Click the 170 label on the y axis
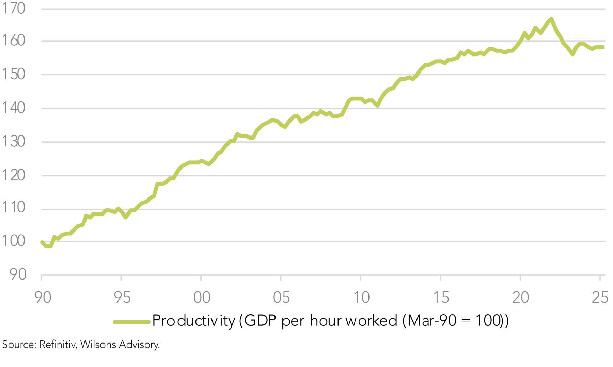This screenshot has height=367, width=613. [x=14, y=9]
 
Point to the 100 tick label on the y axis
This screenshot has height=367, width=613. [x=14, y=241]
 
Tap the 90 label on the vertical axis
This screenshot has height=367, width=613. [x=18, y=274]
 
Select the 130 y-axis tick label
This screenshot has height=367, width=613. [x=14, y=142]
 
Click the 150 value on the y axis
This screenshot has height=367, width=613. [x=14, y=74]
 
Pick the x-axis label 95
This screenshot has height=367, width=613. [x=122, y=298]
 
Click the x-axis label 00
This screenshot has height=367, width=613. [x=202, y=298]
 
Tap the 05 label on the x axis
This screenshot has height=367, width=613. [x=282, y=298]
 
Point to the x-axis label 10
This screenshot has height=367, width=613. [x=361, y=298]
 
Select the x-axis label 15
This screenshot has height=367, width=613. [x=441, y=298]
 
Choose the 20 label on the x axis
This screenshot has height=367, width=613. [x=521, y=298]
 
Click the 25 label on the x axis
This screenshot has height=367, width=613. [x=600, y=298]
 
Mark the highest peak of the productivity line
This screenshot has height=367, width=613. [x=551, y=19]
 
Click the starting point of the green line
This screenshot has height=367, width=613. [x=42, y=242]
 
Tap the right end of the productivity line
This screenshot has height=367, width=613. [x=603, y=47]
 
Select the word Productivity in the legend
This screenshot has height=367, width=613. [x=193, y=321]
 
